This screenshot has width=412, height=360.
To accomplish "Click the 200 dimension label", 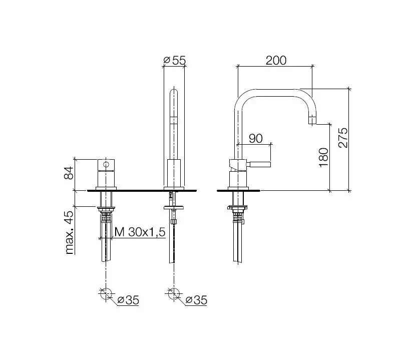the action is tap(276, 61).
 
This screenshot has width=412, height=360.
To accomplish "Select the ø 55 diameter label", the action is tap(175, 61).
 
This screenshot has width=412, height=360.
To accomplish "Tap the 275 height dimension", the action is tap(343, 138).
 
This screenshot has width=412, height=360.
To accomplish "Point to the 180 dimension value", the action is tap(324, 157).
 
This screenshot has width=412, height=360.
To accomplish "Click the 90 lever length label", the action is tap(255, 139).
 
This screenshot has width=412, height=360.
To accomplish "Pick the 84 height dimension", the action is tap(69, 173).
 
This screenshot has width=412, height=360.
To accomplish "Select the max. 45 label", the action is tap(69, 232).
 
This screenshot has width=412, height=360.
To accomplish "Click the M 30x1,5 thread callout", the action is tap(140, 232).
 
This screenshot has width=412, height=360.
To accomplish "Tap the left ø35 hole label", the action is tap(128, 300).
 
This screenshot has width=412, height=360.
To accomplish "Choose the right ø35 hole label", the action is tap(196, 300).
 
